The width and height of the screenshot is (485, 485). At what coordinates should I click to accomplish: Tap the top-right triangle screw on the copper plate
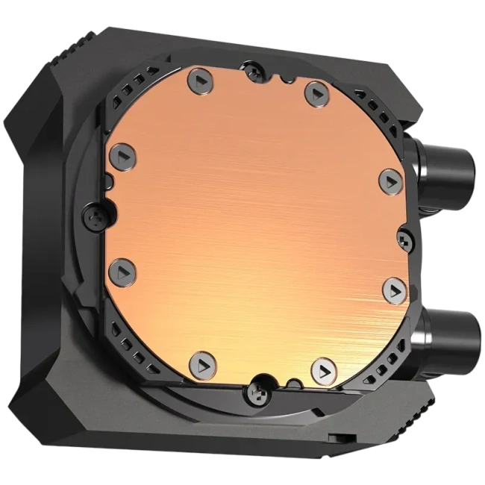tap(313, 93)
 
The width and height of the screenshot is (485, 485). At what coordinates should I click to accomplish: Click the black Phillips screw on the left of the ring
tap(96, 216)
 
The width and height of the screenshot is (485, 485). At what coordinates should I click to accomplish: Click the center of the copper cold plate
tap(254, 224)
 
